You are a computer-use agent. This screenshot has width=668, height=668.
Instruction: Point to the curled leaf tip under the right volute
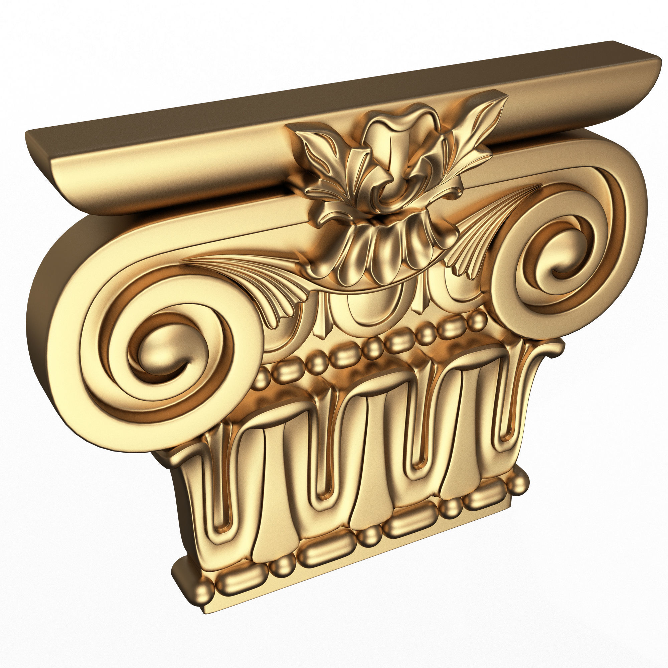point(550,349)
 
